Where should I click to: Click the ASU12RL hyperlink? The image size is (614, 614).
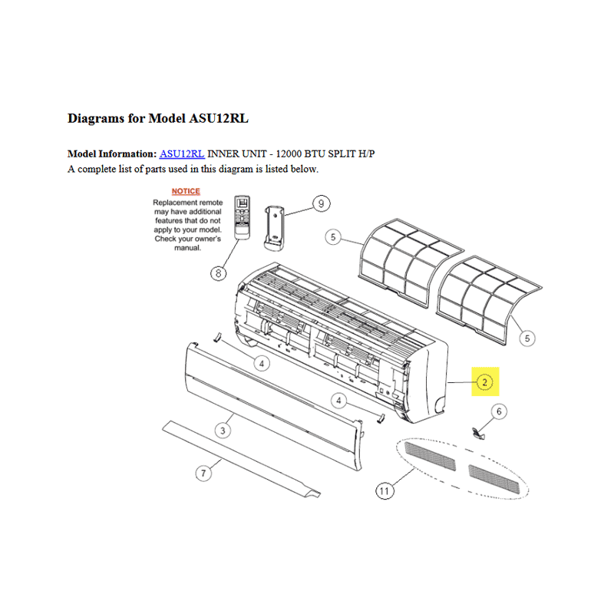pyautogui.click(x=182, y=154)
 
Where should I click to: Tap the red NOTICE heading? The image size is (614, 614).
pyautogui.click(x=186, y=191)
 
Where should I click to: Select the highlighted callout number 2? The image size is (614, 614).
pyautogui.click(x=485, y=382)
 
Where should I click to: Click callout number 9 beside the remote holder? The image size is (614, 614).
pyautogui.click(x=321, y=203)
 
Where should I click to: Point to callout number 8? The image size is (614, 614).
pyautogui.click(x=219, y=273)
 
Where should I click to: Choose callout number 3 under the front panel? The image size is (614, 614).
pyautogui.click(x=223, y=431)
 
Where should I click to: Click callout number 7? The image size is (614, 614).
pyautogui.click(x=203, y=473)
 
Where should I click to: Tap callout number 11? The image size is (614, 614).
pyautogui.click(x=385, y=491)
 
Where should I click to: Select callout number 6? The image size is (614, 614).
pyautogui.click(x=499, y=411)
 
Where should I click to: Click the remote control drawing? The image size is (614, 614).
pyautogui.click(x=242, y=217)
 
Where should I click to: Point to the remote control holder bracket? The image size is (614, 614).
pyautogui.click(x=275, y=228)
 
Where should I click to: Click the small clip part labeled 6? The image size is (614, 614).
pyautogui.click(x=477, y=433)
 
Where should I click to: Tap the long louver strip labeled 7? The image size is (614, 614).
pyautogui.click(x=241, y=459)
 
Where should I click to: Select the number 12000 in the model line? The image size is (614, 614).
pyautogui.click(x=289, y=154)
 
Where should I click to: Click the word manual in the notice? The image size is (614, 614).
pyautogui.click(x=187, y=248)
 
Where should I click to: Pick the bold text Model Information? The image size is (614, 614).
pyautogui.click(x=112, y=154)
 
